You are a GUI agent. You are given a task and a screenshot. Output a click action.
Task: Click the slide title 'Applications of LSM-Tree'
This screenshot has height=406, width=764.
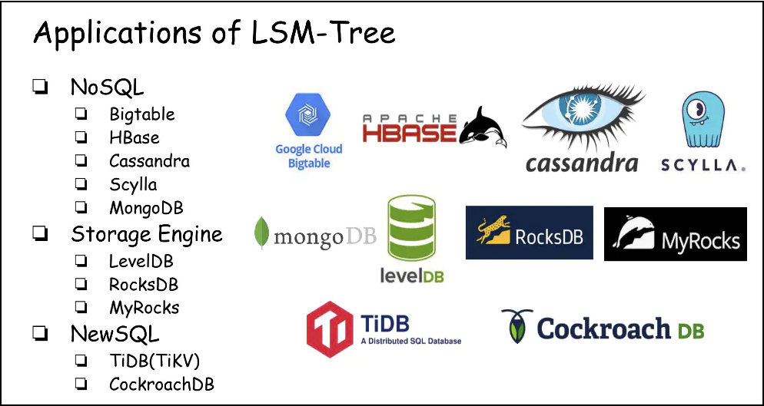point(214,33)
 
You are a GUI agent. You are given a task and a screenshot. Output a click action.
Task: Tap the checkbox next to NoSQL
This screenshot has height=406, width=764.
point(40,87)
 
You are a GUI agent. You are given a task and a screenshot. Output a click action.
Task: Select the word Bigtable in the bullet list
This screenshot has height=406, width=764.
point(141,114)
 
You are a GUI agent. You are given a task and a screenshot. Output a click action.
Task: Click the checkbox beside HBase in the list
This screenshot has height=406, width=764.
point(81,137)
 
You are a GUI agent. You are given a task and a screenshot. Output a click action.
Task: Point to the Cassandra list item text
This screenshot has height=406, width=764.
point(149,160)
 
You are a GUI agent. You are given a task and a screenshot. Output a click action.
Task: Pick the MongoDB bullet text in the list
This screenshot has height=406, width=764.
point(146,208)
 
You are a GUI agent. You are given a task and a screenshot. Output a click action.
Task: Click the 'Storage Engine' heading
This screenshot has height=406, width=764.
point(147,235)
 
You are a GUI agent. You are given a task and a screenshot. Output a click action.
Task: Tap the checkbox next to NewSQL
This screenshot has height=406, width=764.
point(40,334)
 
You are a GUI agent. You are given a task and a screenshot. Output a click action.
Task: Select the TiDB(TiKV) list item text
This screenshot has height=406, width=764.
point(155,361)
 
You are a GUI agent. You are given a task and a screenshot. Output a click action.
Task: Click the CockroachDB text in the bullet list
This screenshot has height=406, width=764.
point(161,384)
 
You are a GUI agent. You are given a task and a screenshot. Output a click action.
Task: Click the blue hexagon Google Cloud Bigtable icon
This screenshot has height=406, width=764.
point(307,114)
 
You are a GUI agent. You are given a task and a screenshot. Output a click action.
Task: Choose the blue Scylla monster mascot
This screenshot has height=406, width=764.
point(703,119)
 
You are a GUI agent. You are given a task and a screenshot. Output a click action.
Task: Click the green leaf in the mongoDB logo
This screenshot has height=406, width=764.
point(261,233)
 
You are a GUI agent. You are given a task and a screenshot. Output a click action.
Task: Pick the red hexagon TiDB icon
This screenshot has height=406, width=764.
point(330,329)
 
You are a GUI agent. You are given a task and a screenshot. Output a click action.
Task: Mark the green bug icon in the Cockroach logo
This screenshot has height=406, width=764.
point(517,326)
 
